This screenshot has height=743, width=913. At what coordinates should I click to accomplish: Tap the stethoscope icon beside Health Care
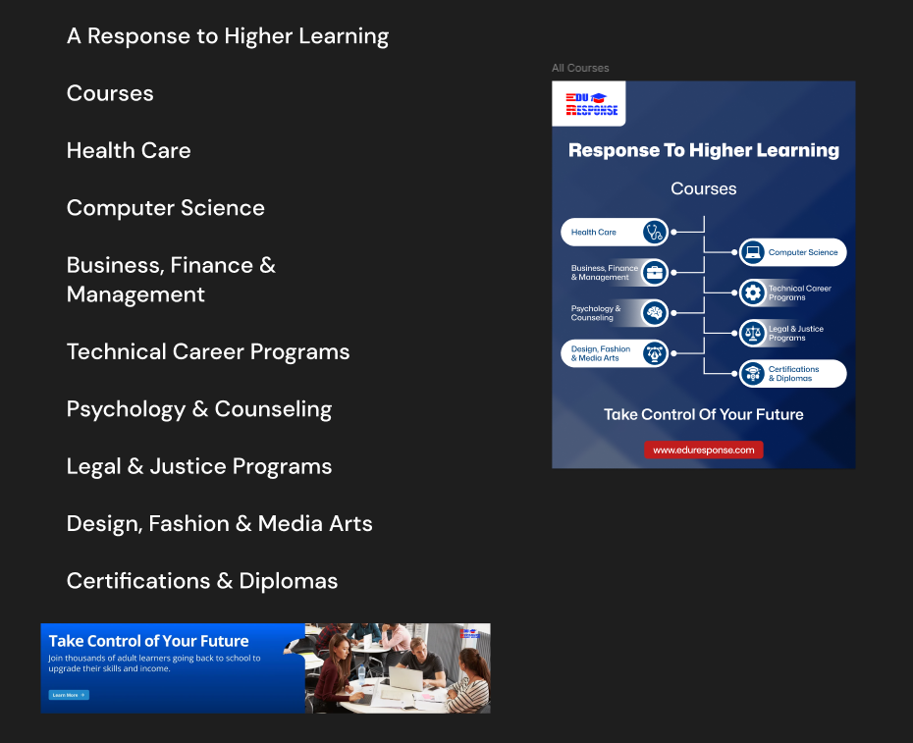(x=655, y=233)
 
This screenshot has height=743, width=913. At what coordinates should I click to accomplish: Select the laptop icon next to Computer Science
(x=752, y=252)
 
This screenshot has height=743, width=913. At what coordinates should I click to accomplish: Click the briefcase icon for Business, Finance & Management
(x=655, y=273)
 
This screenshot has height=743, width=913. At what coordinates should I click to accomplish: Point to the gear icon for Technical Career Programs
(x=752, y=292)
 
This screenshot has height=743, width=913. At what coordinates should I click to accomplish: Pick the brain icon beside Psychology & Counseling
(x=655, y=313)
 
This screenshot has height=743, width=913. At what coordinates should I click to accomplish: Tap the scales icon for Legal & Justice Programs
(x=752, y=334)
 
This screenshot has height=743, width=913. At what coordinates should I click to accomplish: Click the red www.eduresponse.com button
(x=703, y=450)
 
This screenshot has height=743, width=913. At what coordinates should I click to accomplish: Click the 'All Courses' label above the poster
(x=580, y=68)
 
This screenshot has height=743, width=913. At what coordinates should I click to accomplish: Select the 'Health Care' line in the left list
(x=129, y=150)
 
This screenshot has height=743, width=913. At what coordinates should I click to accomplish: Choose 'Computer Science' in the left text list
(x=165, y=208)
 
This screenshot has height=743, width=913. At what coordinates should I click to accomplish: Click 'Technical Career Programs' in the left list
(x=208, y=351)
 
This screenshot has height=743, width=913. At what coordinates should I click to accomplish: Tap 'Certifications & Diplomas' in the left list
(x=202, y=581)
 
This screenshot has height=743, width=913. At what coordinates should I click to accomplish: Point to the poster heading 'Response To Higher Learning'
(x=703, y=150)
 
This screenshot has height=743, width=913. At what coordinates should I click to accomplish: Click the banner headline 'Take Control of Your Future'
(x=148, y=641)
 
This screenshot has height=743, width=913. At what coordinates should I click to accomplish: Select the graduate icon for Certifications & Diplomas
(x=752, y=374)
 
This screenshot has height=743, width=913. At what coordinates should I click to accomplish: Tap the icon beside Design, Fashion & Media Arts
(x=655, y=353)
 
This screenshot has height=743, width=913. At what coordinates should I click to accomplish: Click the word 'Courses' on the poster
(x=703, y=188)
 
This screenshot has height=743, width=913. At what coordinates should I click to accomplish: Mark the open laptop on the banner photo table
(x=405, y=678)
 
